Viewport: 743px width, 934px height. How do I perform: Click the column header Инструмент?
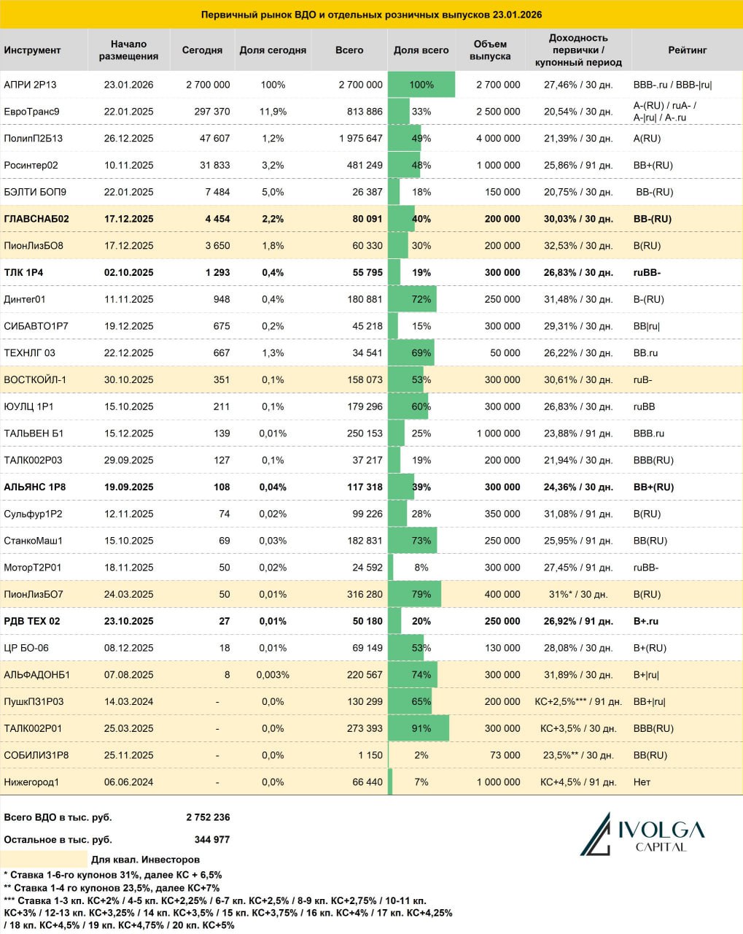(x=32, y=50)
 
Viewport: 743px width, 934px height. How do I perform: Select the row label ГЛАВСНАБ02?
(x=36, y=219)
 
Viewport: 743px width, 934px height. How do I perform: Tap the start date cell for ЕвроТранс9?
(x=129, y=112)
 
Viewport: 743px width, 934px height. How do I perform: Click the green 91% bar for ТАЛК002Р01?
(x=419, y=728)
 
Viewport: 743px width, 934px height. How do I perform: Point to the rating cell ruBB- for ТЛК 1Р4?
(x=647, y=273)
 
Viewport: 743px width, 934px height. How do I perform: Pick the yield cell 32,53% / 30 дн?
(x=578, y=246)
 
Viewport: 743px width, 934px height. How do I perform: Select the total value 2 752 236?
(x=208, y=817)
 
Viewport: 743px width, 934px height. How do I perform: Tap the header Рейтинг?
(x=687, y=50)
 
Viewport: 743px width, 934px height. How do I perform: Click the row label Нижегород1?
(x=31, y=782)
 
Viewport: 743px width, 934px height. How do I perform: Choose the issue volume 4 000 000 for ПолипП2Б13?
(x=498, y=139)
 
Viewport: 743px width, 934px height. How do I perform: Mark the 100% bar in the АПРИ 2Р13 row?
(x=421, y=85)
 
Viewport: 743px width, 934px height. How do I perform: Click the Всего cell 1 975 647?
(x=360, y=139)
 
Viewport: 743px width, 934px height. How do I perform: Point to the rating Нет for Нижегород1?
(x=642, y=782)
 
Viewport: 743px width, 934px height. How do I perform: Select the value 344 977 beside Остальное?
(x=212, y=840)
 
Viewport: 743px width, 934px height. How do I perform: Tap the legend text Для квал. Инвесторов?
(x=145, y=860)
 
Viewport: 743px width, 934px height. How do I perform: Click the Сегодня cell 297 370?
(x=208, y=112)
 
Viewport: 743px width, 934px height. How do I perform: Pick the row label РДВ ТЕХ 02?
(x=32, y=622)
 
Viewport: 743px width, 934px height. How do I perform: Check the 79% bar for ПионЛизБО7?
(x=415, y=595)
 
